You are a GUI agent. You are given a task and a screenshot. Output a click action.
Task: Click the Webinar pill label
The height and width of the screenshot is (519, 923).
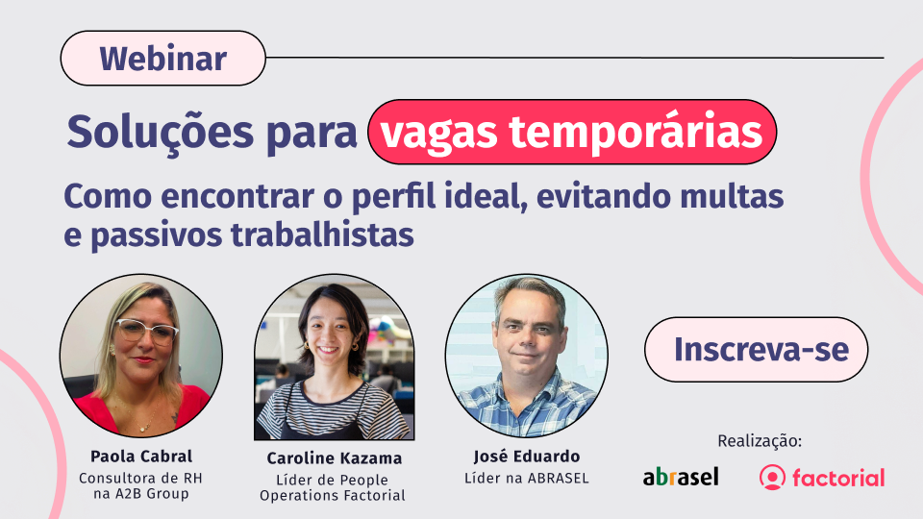(163, 59)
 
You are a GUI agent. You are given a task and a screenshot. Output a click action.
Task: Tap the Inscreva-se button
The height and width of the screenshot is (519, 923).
(757, 350)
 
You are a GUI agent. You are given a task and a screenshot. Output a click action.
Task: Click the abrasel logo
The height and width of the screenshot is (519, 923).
(681, 476)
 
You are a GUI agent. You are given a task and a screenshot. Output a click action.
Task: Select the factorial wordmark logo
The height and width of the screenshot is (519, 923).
(822, 478)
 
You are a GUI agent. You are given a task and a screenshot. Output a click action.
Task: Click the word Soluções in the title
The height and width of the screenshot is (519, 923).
(161, 132)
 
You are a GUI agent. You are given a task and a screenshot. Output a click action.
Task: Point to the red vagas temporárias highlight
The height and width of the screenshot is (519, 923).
(571, 132)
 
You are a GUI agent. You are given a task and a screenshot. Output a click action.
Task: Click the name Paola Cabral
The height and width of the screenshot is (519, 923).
(141, 456)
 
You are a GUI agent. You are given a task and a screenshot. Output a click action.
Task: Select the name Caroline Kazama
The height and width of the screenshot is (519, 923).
(334, 457)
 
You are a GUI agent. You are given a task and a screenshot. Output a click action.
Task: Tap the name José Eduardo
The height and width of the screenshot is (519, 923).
(527, 456)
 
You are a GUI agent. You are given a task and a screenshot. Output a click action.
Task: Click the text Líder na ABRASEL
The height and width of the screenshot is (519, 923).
(527, 479)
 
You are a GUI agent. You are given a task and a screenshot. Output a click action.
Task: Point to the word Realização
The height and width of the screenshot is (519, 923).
(760, 441)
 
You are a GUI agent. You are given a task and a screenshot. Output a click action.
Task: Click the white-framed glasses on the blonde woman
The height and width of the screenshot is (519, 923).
(146, 331)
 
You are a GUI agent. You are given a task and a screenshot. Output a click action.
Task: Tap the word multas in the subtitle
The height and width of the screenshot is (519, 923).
(732, 196)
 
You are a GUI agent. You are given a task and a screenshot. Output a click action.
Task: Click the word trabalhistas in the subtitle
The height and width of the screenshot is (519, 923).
(322, 235)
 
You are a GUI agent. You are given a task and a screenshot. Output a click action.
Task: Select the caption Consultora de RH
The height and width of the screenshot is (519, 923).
(140, 479)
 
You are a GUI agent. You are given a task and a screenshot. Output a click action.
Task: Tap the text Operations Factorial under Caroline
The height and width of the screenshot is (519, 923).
(333, 496)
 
